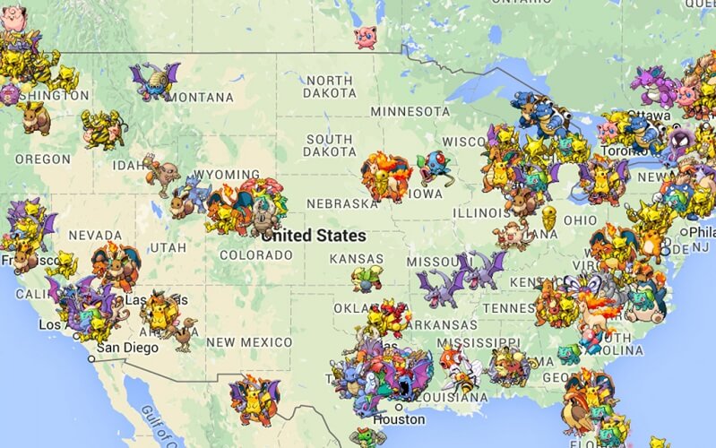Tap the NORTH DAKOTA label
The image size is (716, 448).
(329, 86)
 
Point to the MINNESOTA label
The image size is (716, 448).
(410, 111)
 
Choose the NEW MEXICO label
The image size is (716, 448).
(248, 342)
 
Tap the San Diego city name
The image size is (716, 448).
(127, 348)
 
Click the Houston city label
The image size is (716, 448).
(399, 419)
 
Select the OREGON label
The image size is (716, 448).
(42, 159)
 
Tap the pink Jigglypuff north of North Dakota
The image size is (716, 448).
(365, 37)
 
